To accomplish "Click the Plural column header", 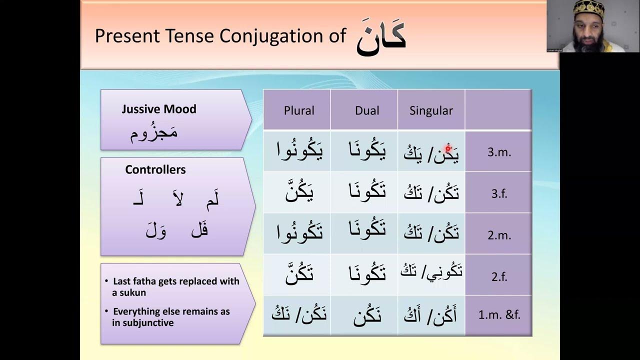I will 299,110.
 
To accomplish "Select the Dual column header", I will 367,110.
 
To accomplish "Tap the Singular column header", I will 431,110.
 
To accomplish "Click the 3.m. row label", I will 499,152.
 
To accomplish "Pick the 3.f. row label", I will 497,193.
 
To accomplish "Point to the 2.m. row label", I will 499,234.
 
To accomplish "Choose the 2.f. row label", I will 498,275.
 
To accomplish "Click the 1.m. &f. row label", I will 498,315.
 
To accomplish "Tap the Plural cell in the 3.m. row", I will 299,150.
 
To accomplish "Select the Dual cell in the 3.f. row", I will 367,191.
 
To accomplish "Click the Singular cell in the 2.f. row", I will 431,272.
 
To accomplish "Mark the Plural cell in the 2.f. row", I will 299,274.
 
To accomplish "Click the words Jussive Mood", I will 158,109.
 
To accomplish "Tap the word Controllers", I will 155,169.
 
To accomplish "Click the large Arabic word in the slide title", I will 381,37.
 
